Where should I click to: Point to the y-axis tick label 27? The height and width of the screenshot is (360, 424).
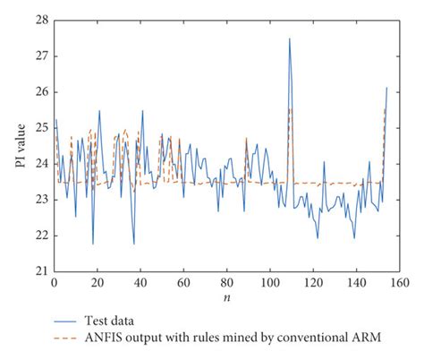coord(41,56)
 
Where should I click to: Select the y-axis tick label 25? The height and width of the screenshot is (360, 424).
coord(41,127)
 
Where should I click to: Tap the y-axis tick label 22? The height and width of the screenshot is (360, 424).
coord(41,236)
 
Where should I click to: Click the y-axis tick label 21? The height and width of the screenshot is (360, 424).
coord(41,271)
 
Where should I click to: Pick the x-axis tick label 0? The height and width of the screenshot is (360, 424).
coord(54,282)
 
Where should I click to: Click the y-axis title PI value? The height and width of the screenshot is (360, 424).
coord(21,146)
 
